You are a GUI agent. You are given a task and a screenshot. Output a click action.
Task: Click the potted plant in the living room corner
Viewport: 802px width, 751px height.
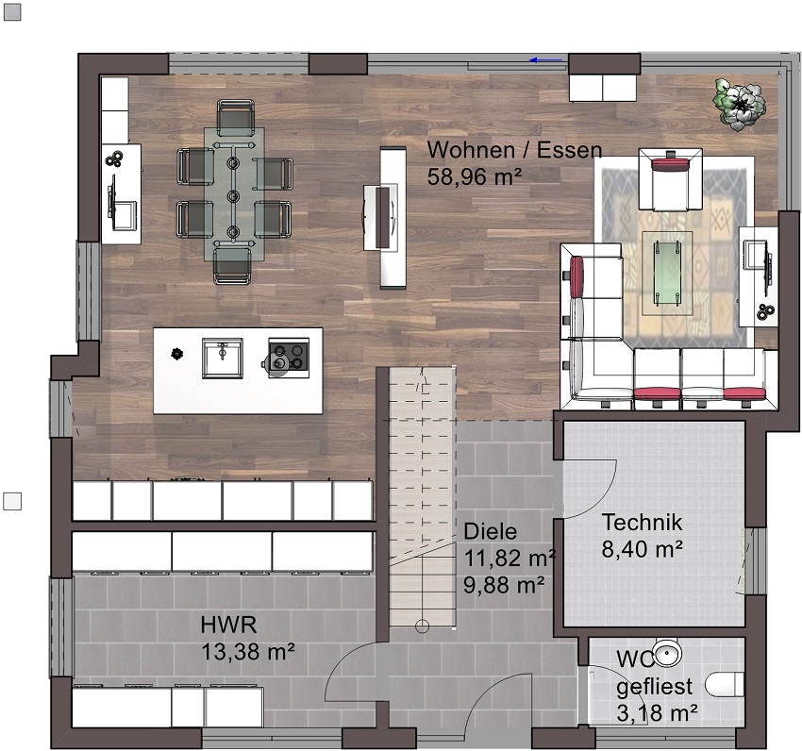pyautogui.click(x=740, y=105)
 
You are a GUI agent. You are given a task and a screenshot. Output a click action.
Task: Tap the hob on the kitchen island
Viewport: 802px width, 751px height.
pyautogui.click(x=289, y=357)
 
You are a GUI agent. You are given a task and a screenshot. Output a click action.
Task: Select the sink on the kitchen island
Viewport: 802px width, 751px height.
pyautogui.click(x=223, y=358)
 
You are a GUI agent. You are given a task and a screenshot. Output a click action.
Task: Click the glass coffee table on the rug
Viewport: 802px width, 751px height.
pyautogui.click(x=667, y=273)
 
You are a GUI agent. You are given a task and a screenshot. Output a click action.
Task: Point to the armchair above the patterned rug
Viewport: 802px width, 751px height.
pyautogui.click(x=671, y=179)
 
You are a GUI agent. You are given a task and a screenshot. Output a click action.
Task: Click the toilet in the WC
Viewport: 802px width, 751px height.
pyautogui.click(x=725, y=684)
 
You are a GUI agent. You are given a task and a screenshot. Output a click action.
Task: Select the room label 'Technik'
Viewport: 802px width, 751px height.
pyautogui.click(x=642, y=523)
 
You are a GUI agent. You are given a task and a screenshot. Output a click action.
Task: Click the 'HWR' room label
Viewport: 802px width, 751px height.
pyautogui.click(x=228, y=625)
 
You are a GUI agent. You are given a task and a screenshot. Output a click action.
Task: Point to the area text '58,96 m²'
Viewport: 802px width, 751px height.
pyautogui.click(x=475, y=176)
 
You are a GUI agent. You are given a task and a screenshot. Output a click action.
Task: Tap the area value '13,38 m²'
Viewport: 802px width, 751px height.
pyautogui.click(x=247, y=651)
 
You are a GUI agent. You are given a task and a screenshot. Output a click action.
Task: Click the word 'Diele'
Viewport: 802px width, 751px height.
pyautogui.click(x=490, y=531)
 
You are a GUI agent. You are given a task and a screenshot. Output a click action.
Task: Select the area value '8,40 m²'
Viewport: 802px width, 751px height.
pyautogui.click(x=642, y=549)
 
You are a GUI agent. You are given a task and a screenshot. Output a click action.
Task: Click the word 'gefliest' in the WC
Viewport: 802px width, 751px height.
pyautogui.click(x=654, y=687)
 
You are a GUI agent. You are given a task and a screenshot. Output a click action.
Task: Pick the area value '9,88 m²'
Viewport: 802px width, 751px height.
pyautogui.click(x=504, y=585)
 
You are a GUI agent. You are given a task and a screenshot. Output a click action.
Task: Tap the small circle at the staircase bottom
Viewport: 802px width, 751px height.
pyautogui.click(x=422, y=626)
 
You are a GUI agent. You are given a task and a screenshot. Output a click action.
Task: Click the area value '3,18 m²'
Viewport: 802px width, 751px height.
pyautogui.click(x=657, y=712)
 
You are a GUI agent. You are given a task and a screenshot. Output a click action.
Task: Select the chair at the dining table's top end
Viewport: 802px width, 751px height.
pyautogui.click(x=235, y=117)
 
